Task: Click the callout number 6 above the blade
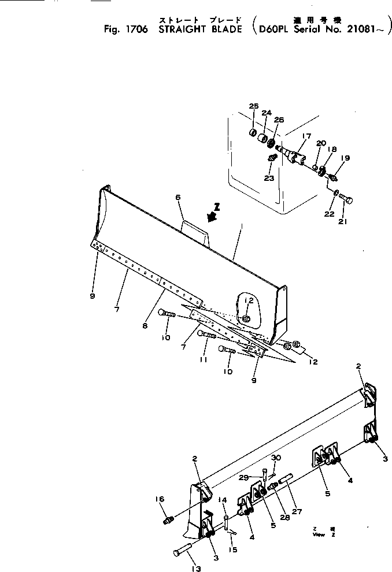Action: coord(178,198)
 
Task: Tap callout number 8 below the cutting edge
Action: coord(145,326)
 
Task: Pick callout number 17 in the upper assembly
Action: coord(306,136)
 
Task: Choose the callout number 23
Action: coord(269,178)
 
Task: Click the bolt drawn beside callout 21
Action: coord(347,200)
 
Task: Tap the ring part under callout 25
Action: coord(253,133)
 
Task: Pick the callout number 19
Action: coord(345,158)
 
